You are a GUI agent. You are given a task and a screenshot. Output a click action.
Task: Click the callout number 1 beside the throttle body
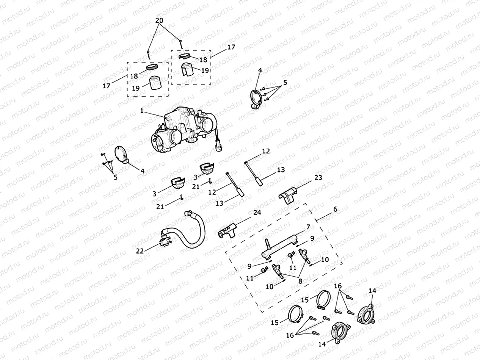tap(141, 111)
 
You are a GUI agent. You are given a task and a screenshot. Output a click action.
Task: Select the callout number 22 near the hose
tap(140, 251)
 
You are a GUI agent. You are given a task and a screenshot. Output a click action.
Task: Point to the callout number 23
tap(318, 177)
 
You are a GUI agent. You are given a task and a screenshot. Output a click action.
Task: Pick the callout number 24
tap(257, 213)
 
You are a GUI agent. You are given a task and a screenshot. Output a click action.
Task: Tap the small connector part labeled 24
tap(227, 231)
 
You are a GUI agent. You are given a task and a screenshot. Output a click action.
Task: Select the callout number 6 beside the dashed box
tap(335, 209)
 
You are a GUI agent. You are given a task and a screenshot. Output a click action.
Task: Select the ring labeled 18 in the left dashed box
tap(152, 68)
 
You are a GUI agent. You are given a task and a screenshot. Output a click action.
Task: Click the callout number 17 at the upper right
tap(231, 47)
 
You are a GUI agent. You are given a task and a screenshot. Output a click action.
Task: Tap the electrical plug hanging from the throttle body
tap(219, 144)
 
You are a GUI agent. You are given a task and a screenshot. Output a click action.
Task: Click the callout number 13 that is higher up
tap(281, 170)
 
